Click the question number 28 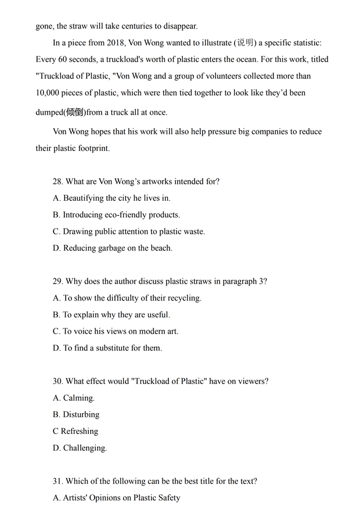(57, 182)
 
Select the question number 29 (57, 281)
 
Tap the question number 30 (57, 381)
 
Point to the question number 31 (57, 481)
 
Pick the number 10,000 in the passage (49, 93)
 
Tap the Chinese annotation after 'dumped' (75, 112)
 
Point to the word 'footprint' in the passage (90, 149)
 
